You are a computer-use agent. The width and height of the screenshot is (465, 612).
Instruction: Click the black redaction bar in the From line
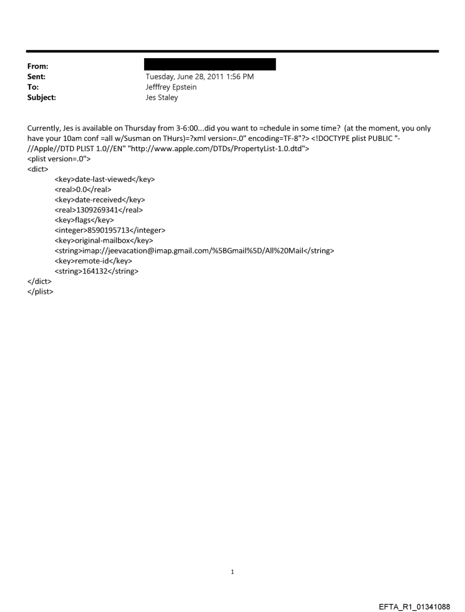point(210,64)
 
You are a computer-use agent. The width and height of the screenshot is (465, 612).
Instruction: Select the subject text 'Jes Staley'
point(162,98)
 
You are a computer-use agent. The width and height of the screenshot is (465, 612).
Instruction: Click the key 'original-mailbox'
point(103,241)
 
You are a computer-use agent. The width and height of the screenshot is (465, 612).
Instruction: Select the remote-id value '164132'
point(96,271)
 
